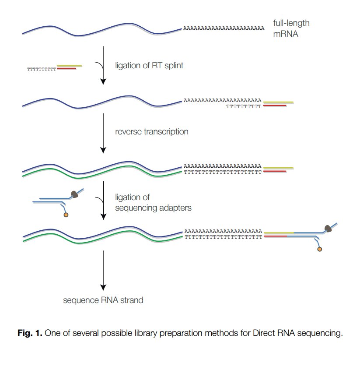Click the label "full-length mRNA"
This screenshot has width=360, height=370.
pos(291,28)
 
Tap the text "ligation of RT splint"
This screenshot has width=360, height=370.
pos(149,66)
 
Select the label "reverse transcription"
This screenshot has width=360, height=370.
pos(152,131)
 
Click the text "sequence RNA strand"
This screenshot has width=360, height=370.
pos(103,300)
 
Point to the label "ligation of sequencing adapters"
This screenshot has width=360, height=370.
pos(153,203)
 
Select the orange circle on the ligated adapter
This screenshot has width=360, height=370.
pos(319,249)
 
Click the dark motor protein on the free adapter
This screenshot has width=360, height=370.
pos(75,194)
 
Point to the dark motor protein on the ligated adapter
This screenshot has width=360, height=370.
pos(328,228)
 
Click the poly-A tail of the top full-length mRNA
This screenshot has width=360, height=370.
pos(224,29)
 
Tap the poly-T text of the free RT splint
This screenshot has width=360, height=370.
pos(42,69)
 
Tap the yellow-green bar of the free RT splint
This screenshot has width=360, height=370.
pos(69,66)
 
